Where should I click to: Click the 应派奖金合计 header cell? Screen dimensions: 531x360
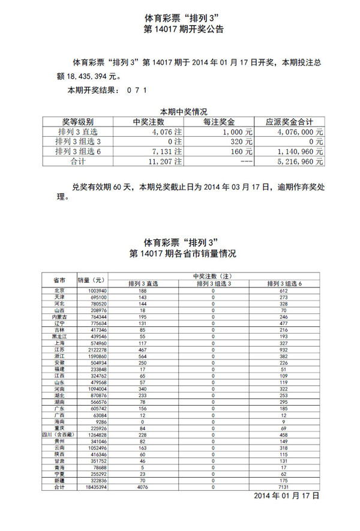[x=289, y=121]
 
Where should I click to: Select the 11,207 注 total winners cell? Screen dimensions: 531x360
[x=166, y=161]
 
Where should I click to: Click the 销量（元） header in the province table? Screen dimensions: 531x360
[x=91, y=280]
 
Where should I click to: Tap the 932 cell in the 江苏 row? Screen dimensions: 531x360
[x=284, y=349]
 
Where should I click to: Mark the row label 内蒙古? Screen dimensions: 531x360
[x=59, y=316]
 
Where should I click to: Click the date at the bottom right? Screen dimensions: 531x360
[x=286, y=497]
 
